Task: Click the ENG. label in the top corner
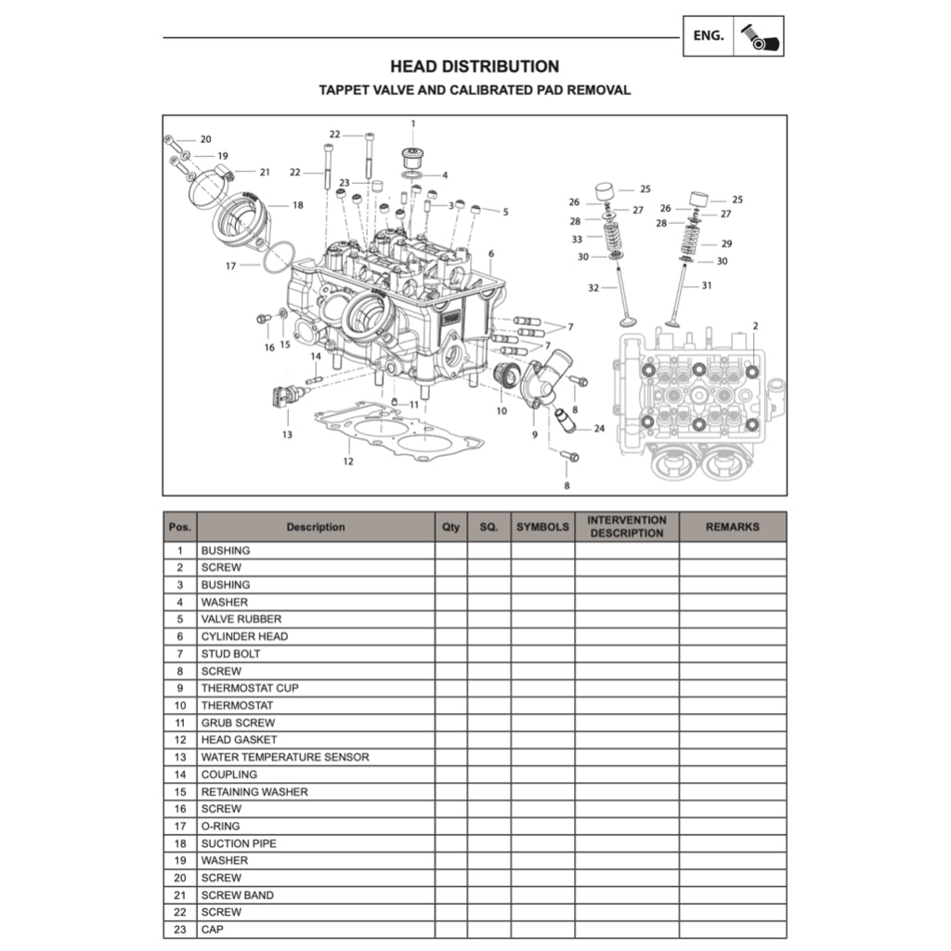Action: [x=709, y=36]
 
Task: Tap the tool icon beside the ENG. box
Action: [x=759, y=36]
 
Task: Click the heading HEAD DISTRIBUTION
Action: [x=475, y=67]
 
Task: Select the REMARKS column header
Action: [x=732, y=527]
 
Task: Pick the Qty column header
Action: [x=450, y=527]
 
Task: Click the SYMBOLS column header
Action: [x=542, y=527]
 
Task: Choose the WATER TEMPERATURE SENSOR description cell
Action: [x=284, y=757]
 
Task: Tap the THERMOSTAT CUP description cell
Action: [x=250, y=688]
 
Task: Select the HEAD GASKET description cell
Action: [x=239, y=740]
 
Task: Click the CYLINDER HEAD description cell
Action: [x=244, y=636]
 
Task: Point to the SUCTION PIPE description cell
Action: [x=239, y=843]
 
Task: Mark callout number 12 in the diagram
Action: [x=348, y=462]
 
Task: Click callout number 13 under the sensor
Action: [x=287, y=434]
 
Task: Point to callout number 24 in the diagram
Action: [x=599, y=429]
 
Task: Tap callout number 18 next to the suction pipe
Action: [x=297, y=205]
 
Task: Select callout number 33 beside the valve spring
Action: [x=577, y=239]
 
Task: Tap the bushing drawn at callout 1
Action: [x=412, y=153]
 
